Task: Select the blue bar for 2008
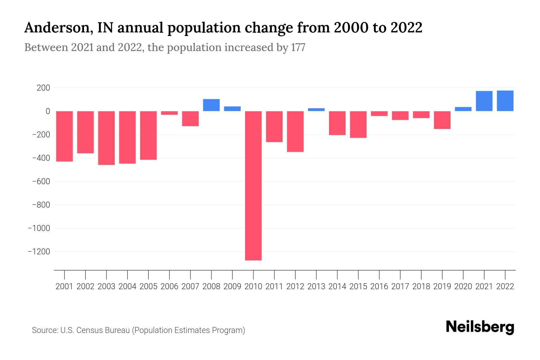[211, 105]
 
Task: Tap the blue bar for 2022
[505, 101]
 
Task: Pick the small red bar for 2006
[169, 113]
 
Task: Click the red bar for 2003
[106, 138]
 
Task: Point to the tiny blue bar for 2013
[316, 109]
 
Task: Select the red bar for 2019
[442, 120]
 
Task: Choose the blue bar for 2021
[484, 101]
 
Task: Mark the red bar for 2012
[295, 131]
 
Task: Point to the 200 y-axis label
[43, 88]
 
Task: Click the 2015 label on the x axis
[358, 286]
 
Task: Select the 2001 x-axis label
[64, 286]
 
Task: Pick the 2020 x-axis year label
[463, 286]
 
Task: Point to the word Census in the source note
[88, 330]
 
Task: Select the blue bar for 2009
[232, 109]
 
